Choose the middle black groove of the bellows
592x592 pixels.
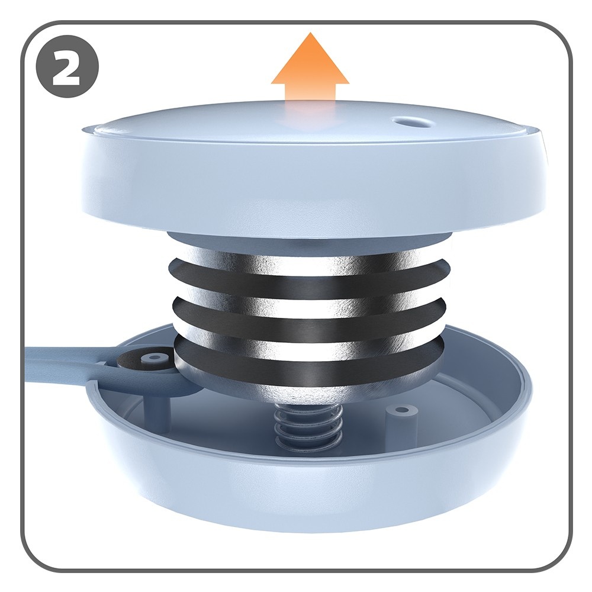point(309,317)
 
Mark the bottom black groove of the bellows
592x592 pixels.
point(309,356)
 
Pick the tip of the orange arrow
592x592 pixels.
point(310,33)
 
